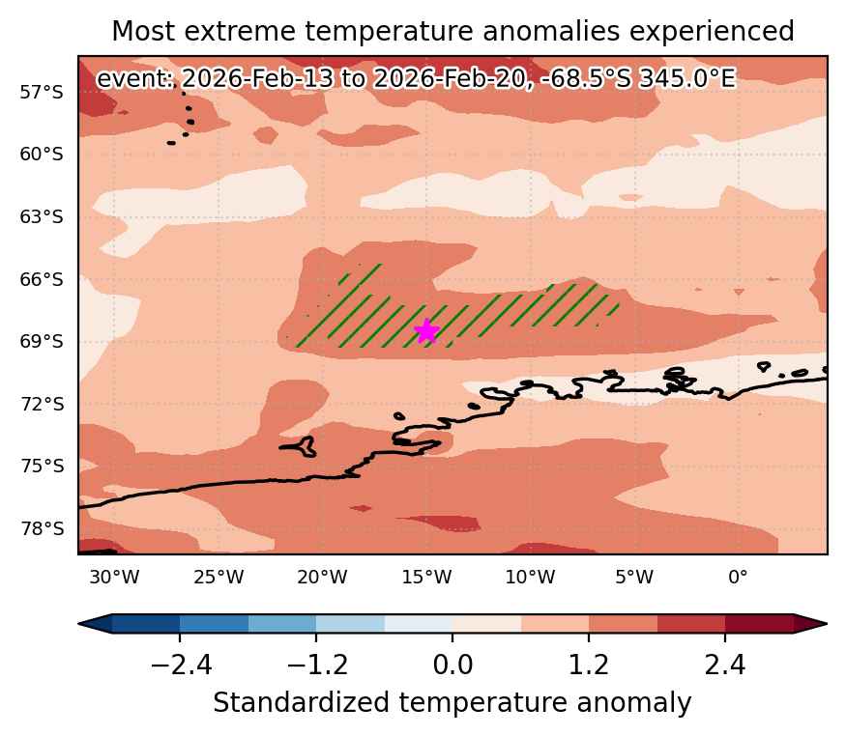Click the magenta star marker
click(x=426, y=331)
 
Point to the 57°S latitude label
click(x=42, y=93)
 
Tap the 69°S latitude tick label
click(x=42, y=342)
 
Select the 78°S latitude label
click(x=42, y=528)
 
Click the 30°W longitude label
click(x=114, y=578)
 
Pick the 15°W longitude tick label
click(x=426, y=578)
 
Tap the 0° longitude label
click(x=738, y=578)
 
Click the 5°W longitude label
click(x=634, y=578)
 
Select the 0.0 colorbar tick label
click(x=452, y=665)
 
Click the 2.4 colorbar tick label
click(x=724, y=665)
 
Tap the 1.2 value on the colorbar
click(x=589, y=665)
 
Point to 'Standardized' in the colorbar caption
click(x=301, y=702)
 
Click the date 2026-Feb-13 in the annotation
click(x=257, y=79)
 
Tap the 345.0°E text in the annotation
click(x=686, y=79)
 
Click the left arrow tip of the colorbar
click(x=79, y=624)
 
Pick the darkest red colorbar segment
click(x=759, y=624)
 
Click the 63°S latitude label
click(x=42, y=217)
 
